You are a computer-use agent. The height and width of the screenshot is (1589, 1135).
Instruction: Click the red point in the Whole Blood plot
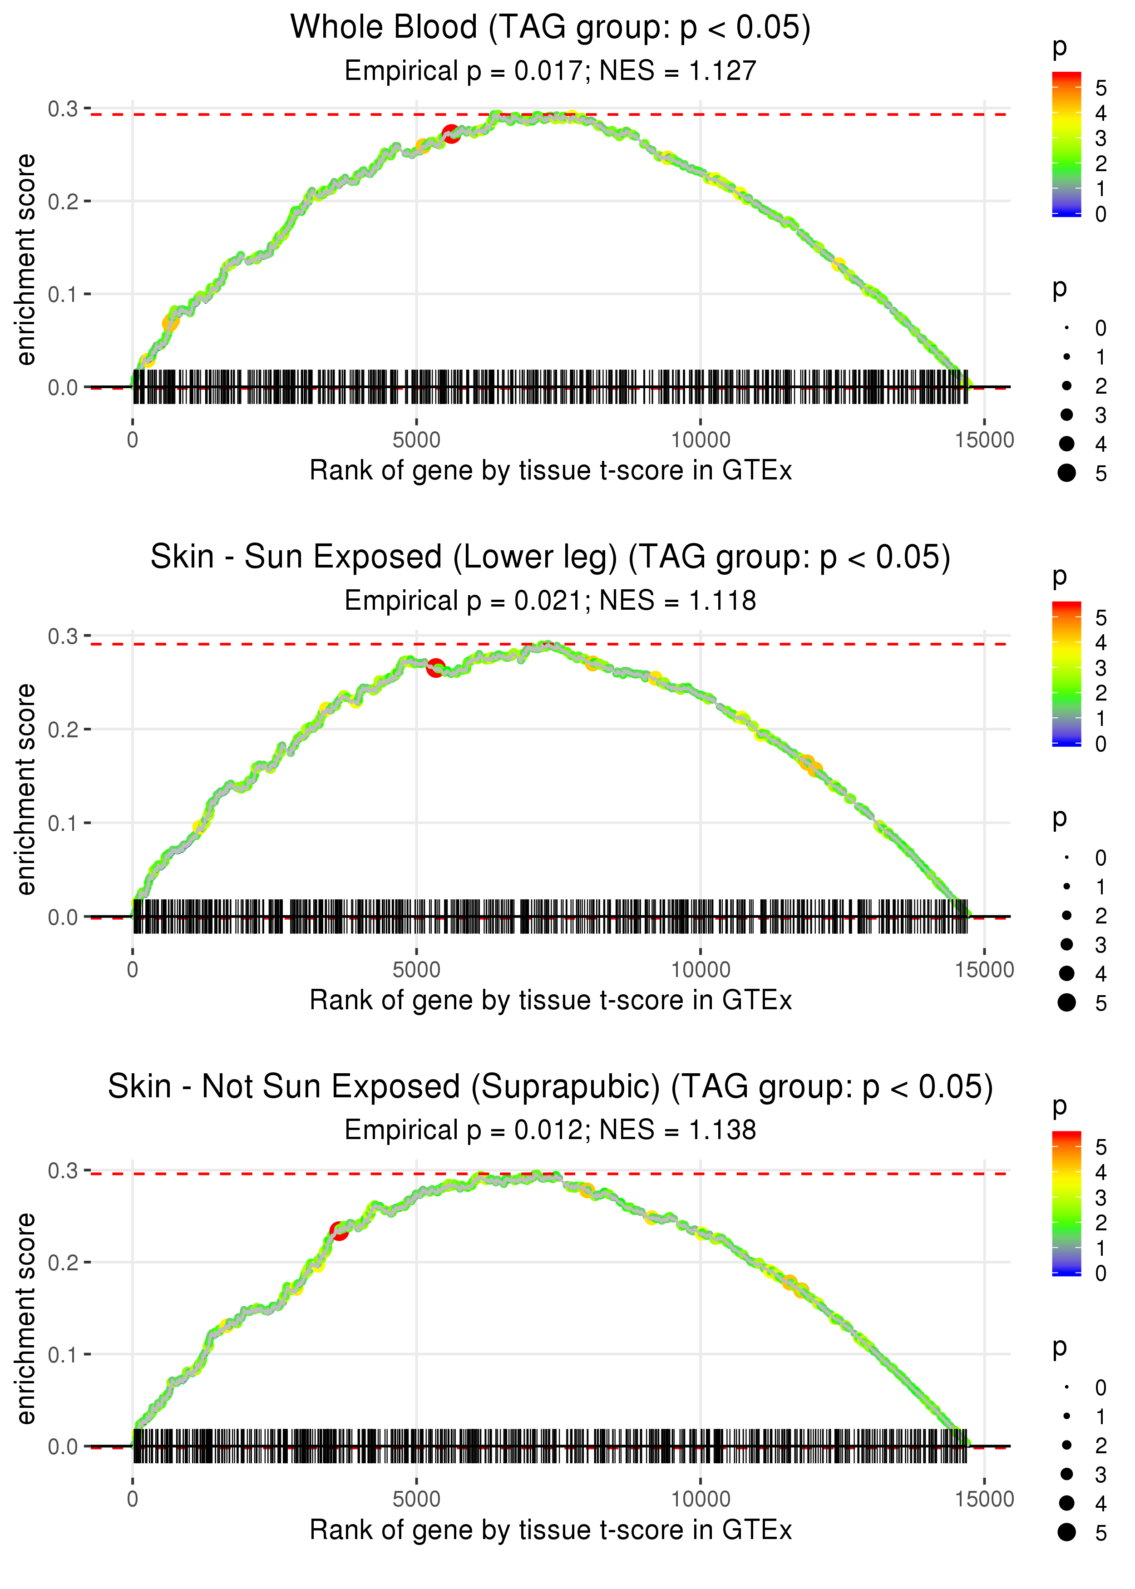[x=451, y=133]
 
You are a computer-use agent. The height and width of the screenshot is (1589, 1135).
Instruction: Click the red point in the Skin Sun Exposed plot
[x=435, y=667]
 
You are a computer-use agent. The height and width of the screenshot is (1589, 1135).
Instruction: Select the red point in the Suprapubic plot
[x=339, y=1230]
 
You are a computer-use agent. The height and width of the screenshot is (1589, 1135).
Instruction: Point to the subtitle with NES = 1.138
[x=550, y=1130]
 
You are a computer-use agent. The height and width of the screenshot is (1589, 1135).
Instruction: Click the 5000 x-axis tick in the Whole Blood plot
[x=416, y=440]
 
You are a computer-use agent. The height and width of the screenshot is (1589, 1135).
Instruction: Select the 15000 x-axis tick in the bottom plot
[x=984, y=1499]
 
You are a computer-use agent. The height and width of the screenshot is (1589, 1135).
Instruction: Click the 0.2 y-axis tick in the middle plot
[x=62, y=730]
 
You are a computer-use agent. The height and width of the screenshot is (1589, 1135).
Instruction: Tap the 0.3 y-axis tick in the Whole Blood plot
[x=62, y=109]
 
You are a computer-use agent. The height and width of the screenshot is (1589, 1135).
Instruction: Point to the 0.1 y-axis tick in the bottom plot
[x=62, y=1355]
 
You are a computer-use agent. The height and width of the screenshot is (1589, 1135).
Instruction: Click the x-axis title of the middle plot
[x=550, y=1000]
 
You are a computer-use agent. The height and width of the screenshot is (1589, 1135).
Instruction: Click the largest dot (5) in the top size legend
[x=1066, y=473]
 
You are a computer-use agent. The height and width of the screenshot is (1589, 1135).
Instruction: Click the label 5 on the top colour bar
[x=1101, y=88]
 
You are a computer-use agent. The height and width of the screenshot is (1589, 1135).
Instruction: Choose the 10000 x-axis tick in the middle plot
[x=700, y=970]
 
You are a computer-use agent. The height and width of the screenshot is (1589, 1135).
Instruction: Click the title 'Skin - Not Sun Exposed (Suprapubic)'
[x=550, y=1087]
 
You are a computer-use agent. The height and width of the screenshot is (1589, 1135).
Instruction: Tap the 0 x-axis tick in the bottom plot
[x=133, y=1499]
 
